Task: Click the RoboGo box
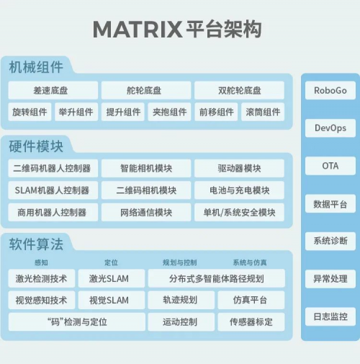click(330, 90)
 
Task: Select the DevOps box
click(330, 128)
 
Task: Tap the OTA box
click(330, 166)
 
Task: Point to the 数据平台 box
click(330, 204)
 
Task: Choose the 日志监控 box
click(330, 316)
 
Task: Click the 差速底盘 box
click(53, 90)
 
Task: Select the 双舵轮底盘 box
click(239, 90)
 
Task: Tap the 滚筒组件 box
click(263, 112)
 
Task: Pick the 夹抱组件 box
click(169, 112)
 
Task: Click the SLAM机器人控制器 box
click(53, 190)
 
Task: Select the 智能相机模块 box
click(146, 168)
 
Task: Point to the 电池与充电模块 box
click(239, 190)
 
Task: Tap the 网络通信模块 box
click(146, 212)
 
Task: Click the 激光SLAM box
click(112, 278)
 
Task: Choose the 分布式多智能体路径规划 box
click(217, 278)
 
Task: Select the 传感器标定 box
click(251, 321)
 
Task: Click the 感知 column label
click(41, 262)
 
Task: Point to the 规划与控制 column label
click(180, 262)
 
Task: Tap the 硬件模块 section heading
click(36, 146)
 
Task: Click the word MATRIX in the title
click(138, 30)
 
